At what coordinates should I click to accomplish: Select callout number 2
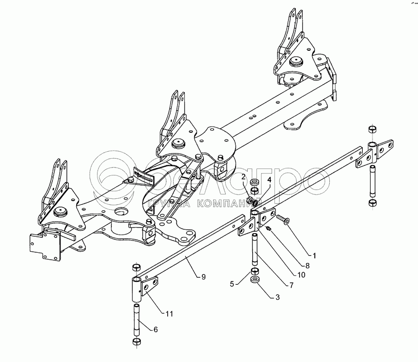coord(243,176)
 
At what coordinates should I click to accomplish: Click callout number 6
coord(156,329)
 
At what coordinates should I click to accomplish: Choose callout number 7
coord(291,285)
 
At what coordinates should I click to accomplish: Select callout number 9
coord(203,276)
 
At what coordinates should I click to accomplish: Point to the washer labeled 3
coord(255,280)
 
